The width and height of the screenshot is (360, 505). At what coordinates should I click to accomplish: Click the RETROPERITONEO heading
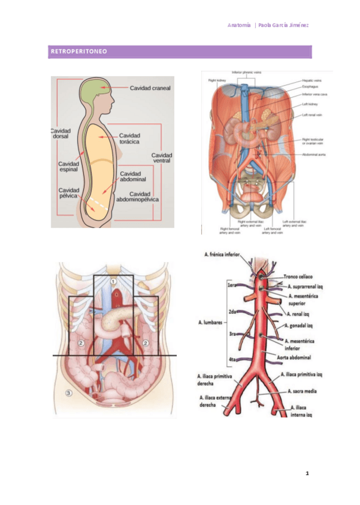point(79,52)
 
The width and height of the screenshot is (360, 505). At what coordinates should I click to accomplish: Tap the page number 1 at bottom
point(307,473)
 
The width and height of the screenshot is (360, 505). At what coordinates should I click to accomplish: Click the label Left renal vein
point(312,115)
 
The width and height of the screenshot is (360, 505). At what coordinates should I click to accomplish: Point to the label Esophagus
point(310,87)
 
